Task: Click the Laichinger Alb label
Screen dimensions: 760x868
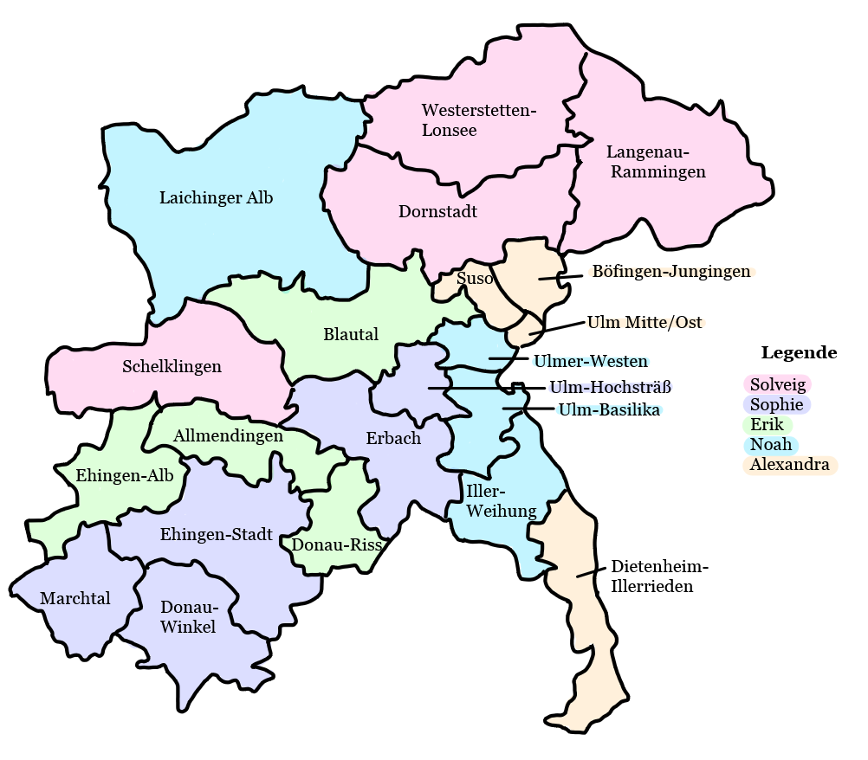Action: [216, 198]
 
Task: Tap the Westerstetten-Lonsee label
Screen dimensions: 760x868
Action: [479, 120]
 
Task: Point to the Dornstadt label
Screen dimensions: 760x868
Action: [437, 212]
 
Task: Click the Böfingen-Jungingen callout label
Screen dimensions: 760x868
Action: [670, 272]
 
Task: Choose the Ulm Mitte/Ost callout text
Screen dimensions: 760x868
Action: [645, 323]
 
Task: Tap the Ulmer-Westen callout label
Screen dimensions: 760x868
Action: [590, 361]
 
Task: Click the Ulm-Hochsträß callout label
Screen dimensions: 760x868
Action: [611, 387]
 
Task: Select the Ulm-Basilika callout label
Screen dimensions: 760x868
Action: [609, 409]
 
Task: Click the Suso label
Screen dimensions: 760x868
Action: [475, 279]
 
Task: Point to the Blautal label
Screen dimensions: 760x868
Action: [351, 335]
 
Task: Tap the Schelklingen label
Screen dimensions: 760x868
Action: [172, 367]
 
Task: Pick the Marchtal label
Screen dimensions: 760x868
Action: [75, 599]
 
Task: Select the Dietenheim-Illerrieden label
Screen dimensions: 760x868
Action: [659, 576]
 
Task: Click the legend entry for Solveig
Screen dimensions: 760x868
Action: [777, 385]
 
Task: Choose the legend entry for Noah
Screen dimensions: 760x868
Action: [771, 445]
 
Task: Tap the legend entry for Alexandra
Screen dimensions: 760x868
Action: [789, 465]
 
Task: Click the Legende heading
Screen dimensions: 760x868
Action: [799, 353]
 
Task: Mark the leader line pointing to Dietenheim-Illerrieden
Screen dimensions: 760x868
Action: [591, 571]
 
